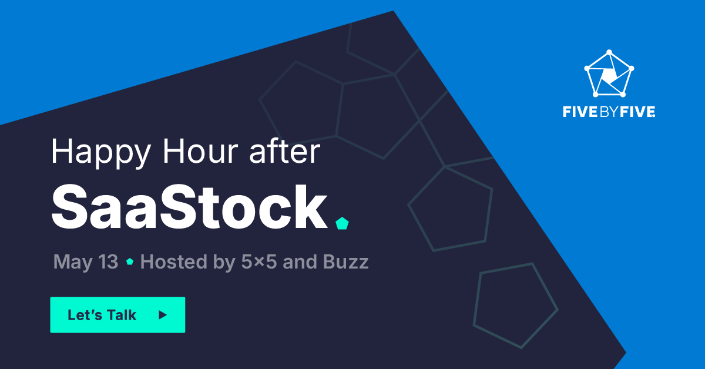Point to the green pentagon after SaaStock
[341, 223]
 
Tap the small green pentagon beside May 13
[130, 262]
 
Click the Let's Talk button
[117, 315]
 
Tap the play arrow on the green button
[163, 315]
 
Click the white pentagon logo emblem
[609, 73]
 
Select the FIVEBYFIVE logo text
[609, 112]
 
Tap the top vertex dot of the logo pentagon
[609, 51]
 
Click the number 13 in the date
[108, 262]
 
